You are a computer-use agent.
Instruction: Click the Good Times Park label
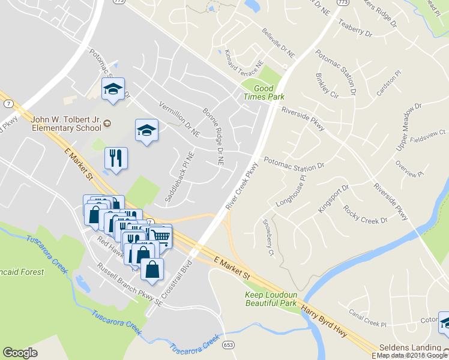pyautogui.click(x=264, y=92)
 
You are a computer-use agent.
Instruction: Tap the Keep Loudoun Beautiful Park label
pyautogui.click(x=271, y=299)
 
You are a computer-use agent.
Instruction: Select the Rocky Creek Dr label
pyautogui.click(x=365, y=214)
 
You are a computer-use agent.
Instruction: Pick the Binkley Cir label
pyautogui.click(x=327, y=86)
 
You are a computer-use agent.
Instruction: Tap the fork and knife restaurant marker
pyautogui.click(x=116, y=158)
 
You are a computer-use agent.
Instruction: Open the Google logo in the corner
pyautogui.click(x=20, y=353)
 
